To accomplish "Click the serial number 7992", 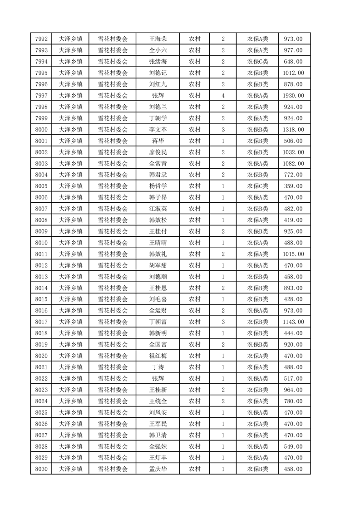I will click(41, 39).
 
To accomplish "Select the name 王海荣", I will click(158, 39).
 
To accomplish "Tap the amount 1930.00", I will click(293, 96).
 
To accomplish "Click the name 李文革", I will click(158, 130).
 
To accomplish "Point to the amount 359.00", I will click(293, 186).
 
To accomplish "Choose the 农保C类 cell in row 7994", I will click(257, 62).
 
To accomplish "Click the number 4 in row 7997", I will click(223, 96).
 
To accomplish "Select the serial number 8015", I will click(41, 299).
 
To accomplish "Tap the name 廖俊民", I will click(158, 152).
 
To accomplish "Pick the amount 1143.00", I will click(293, 322).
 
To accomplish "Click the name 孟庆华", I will click(158, 469).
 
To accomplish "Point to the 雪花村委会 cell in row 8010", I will click(113, 243).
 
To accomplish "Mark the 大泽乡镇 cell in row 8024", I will click(71, 401).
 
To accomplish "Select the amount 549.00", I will click(293, 446).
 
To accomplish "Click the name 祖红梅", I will click(158, 356).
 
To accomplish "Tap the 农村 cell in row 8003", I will click(195, 164).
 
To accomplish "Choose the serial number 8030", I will click(41, 469).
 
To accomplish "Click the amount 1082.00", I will click(293, 164).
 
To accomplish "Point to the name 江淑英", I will click(158, 209).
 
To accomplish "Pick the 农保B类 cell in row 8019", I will click(257, 344).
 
